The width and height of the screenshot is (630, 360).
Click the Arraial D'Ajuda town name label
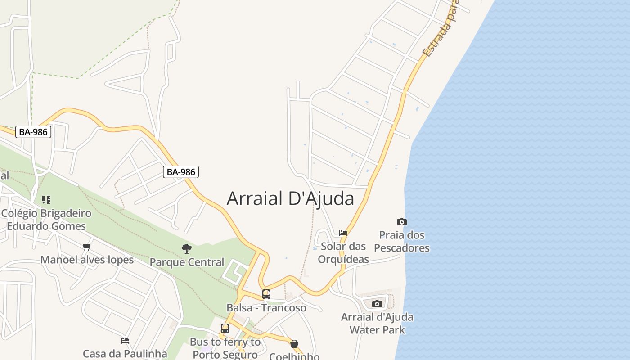[x=290, y=198]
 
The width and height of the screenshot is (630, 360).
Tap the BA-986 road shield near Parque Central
[x=180, y=171]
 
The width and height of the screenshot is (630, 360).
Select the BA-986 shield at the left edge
[x=33, y=132]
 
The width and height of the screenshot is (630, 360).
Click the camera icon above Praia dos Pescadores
[x=402, y=222]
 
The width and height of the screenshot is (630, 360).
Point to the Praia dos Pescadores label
[x=402, y=242]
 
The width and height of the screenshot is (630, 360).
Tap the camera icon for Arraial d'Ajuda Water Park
[x=377, y=304]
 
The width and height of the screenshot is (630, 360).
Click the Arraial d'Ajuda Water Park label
[x=377, y=323]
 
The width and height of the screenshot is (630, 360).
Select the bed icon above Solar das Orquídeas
[x=343, y=233]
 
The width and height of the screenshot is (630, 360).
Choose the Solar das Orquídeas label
[x=343, y=252]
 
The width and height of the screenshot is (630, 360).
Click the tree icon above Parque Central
[x=187, y=248]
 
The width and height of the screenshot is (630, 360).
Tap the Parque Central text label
[x=187, y=262]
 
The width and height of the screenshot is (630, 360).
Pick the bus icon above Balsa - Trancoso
[x=266, y=294]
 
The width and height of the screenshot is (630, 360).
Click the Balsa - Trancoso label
[x=266, y=308]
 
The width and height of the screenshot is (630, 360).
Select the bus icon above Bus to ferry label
[x=225, y=328]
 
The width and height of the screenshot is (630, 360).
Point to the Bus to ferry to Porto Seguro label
[x=225, y=347]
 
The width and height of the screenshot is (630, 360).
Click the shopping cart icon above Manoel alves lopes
[x=87, y=247]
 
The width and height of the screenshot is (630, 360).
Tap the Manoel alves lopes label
[x=87, y=260]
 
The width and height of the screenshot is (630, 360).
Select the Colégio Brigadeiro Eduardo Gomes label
[x=46, y=219]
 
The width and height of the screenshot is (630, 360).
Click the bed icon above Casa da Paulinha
[x=125, y=341]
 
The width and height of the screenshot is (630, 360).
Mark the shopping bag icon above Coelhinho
[x=294, y=344]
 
